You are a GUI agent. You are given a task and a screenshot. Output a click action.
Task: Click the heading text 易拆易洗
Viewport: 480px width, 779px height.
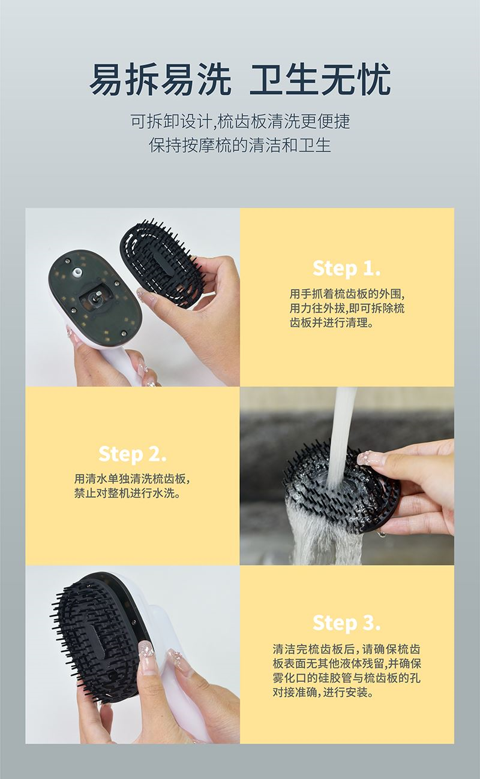click(161, 79)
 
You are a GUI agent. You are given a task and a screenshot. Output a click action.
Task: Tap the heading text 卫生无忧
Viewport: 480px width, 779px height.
click(320, 79)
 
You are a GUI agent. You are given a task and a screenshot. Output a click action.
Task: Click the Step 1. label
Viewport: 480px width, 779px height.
click(347, 268)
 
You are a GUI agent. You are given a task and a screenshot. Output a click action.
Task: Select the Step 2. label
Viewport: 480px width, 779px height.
click(133, 454)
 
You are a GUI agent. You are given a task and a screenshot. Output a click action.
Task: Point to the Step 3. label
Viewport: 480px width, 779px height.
click(347, 623)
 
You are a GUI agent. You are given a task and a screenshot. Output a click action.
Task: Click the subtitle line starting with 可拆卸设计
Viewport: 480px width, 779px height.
click(240, 122)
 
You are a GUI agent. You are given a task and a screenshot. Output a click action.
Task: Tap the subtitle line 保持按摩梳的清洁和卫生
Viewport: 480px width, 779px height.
click(240, 144)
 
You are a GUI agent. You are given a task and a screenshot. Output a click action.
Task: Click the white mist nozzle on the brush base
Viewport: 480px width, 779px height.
click(77, 272)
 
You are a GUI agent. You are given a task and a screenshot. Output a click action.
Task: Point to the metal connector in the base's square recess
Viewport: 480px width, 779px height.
click(95, 298)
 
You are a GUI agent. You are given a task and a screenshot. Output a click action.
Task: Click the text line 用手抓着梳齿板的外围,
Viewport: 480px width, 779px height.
click(347, 294)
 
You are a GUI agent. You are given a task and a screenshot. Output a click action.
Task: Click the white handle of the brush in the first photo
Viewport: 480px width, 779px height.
click(118, 362)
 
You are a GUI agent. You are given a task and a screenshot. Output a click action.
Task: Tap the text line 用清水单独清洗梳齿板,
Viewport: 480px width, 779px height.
click(133, 479)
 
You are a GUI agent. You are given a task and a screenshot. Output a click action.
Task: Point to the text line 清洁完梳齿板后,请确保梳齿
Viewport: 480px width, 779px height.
click(347, 649)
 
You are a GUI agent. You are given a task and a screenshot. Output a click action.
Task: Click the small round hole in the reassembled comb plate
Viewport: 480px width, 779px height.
click(113, 675)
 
